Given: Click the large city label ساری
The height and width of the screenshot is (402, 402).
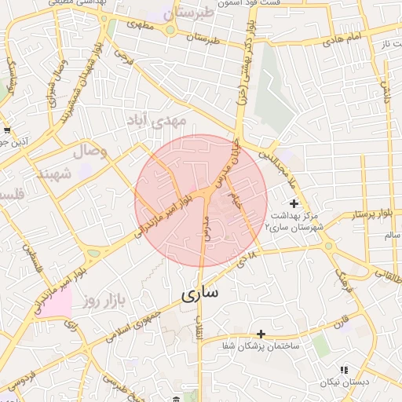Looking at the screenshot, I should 201,294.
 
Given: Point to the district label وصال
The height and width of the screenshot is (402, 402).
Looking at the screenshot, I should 91,150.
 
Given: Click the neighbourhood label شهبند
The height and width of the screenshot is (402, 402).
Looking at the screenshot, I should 54,172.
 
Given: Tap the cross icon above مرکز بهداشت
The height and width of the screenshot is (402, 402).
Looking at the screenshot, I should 294,203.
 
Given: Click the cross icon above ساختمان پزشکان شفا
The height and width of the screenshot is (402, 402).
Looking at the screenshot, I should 261,334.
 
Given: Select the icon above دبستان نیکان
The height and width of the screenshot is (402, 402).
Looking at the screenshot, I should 343,370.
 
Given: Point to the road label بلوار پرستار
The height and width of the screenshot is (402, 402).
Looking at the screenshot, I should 358,214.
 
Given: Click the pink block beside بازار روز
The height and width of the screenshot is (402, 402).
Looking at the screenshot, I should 55,302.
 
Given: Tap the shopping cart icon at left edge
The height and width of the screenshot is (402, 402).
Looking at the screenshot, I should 6,130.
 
